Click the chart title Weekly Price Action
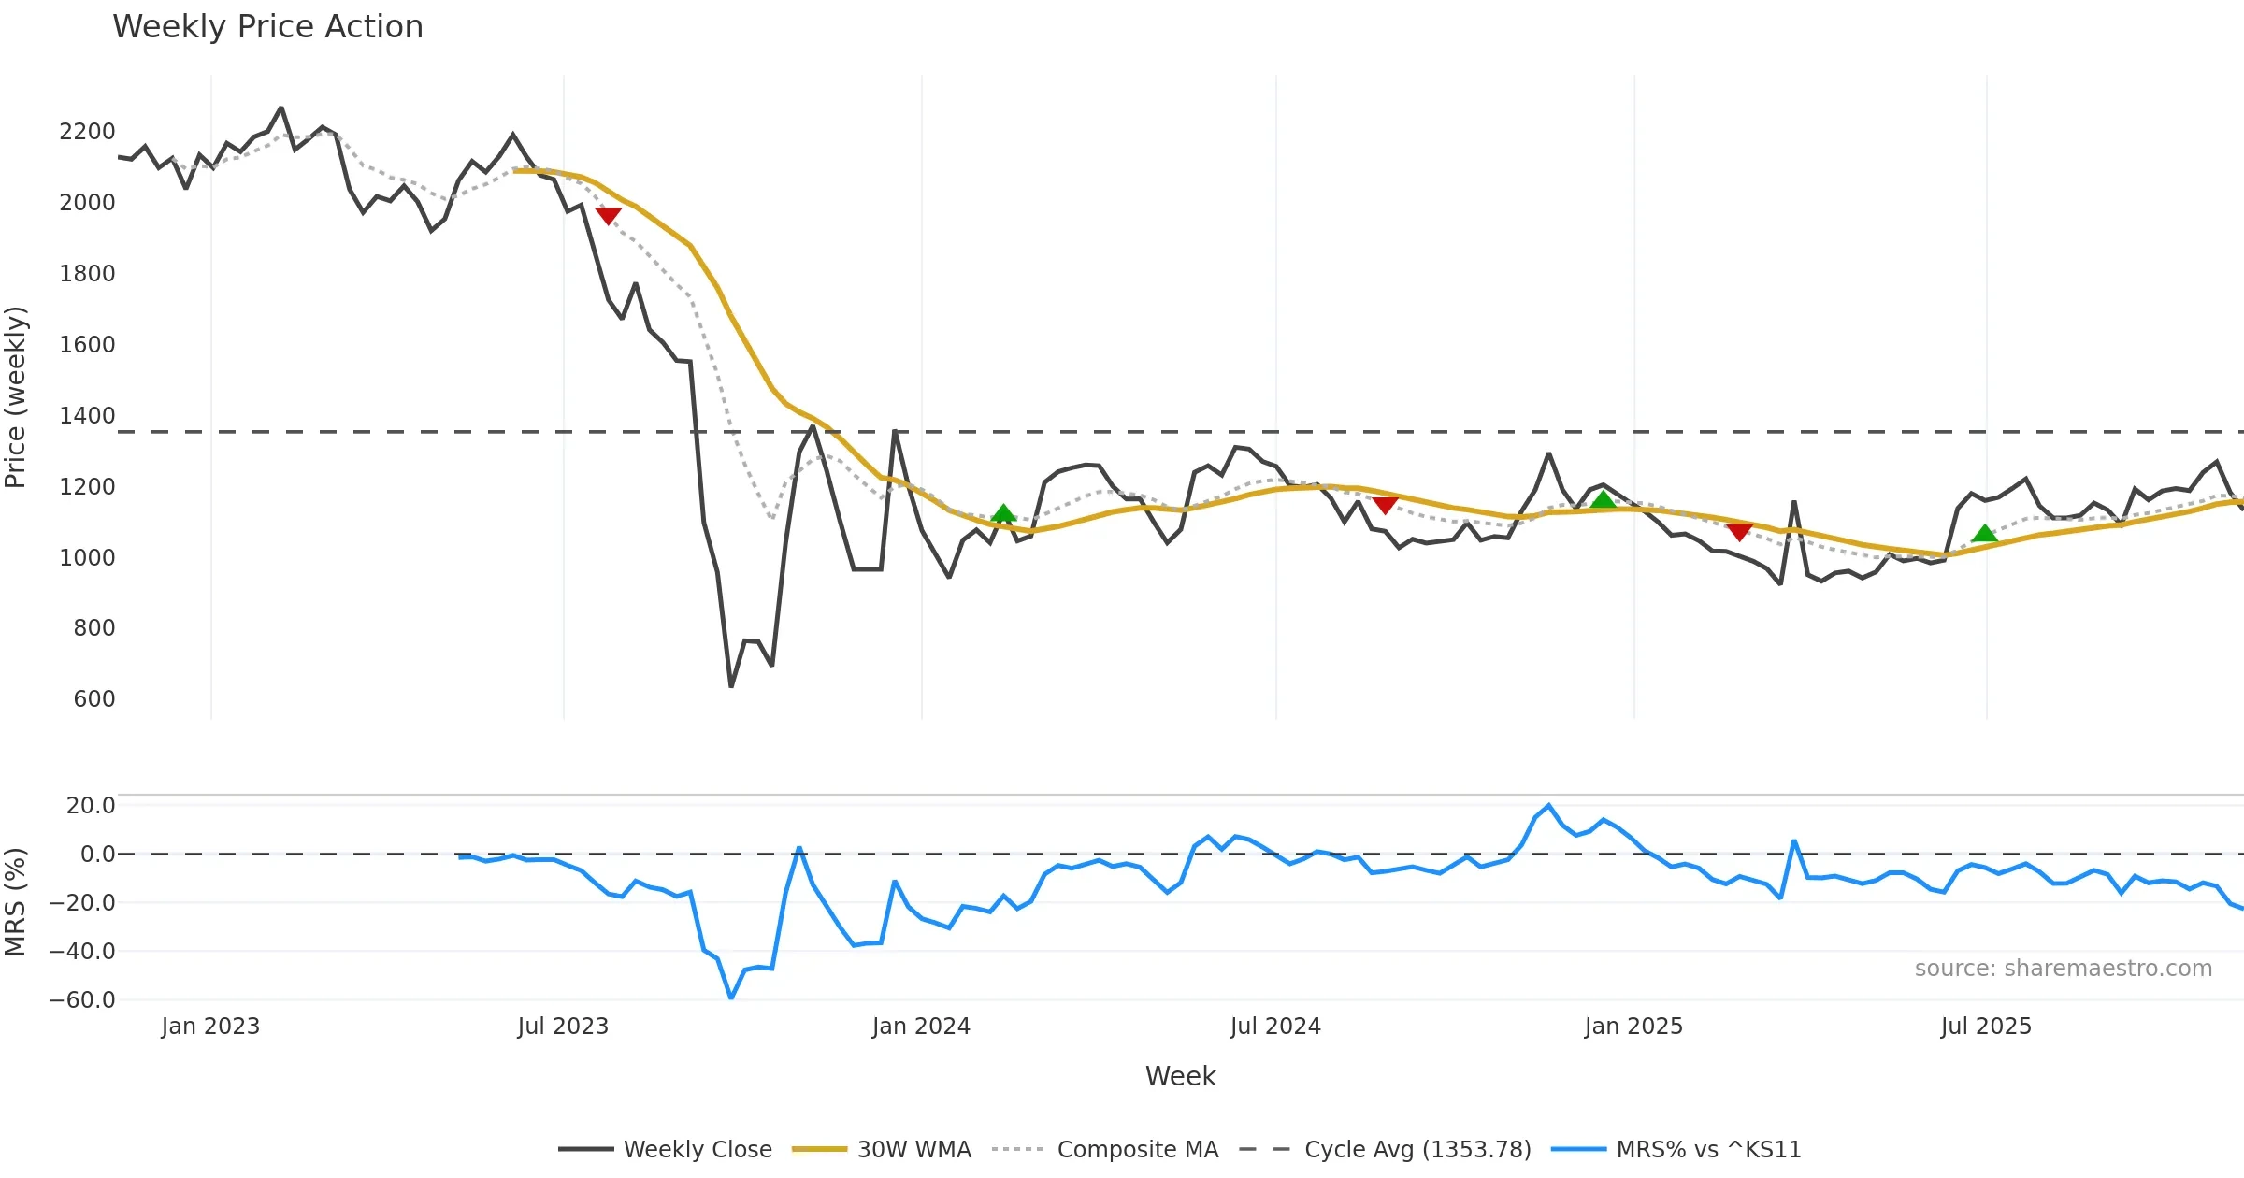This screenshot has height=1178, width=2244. (267, 27)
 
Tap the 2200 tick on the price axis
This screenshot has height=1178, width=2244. (87, 132)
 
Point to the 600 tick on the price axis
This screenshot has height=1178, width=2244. (93, 699)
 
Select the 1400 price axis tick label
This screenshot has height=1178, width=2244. (87, 416)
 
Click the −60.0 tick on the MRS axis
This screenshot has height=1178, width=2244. (81, 1000)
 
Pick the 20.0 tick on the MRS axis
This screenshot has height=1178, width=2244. (90, 806)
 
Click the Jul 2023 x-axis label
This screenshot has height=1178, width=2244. (563, 1027)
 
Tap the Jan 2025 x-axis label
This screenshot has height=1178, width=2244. (1633, 1027)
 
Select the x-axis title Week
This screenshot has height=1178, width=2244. (1180, 1077)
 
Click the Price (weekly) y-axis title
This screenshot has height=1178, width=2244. (16, 397)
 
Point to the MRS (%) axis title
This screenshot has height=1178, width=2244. (16, 902)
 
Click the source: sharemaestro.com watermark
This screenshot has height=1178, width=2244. (2063, 969)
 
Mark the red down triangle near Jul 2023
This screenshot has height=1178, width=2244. (608, 216)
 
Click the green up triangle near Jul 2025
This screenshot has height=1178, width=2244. (1984, 534)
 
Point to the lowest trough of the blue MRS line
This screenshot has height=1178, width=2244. (731, 998)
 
